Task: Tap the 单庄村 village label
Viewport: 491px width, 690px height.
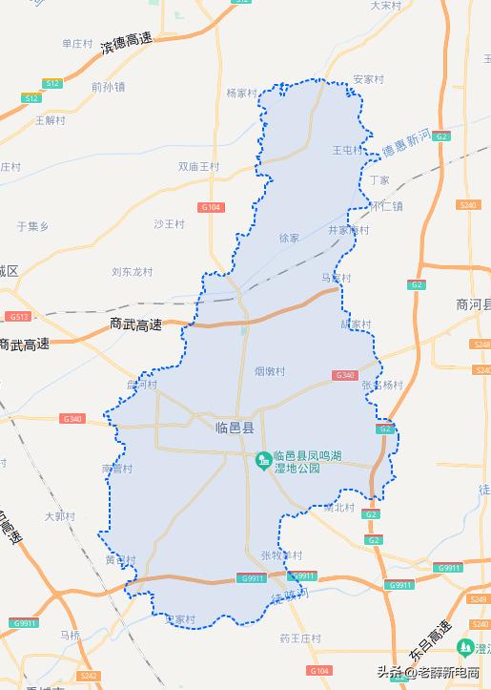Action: coord(76,43)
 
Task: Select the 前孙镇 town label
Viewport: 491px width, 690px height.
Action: coord(109,86)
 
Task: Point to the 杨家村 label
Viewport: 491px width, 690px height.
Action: coord(242,93)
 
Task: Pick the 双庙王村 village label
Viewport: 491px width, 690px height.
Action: coord(198,166)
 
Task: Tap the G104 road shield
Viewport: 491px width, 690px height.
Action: coord(211,207)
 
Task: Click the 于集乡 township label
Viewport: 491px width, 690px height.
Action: coord(32,226)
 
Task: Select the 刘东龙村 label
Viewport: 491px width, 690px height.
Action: coord(132,271)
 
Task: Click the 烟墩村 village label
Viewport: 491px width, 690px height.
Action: coord(270,370)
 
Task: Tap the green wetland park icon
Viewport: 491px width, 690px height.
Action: coord(262,462)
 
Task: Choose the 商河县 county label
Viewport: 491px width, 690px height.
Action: coord(473,304)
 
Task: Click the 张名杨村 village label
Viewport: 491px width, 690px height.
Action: coord(382,385)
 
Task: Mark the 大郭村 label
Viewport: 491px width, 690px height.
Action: coord(59,516)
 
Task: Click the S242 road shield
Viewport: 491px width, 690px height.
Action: coord(89,676)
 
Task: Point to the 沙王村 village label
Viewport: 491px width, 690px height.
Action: coord(169,224)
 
